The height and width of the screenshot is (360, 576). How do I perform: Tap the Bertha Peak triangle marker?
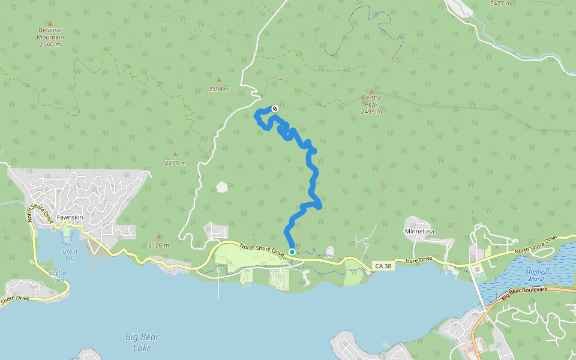[x=371, y=91]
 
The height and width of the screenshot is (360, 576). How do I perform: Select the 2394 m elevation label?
[x=220, y=89]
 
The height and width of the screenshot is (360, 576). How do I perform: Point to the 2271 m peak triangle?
[x=175, y=154]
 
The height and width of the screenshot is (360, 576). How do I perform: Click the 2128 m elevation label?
[x=159, y=245]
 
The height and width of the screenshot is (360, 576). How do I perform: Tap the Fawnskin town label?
[x=69, y=217]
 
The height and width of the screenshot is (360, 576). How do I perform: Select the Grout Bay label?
[x=70, y=256]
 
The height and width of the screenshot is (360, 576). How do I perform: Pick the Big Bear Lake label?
[x=142, y=342]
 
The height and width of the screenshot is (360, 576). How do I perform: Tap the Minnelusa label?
[x=419, y=231]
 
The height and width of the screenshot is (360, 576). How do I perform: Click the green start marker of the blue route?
[x=292, y=252]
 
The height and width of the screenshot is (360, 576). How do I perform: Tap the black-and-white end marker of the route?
[x=275, y=109]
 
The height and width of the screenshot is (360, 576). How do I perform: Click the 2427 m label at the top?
[x=500, y=4]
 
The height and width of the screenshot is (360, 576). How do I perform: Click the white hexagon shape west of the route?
[x=223, y=187]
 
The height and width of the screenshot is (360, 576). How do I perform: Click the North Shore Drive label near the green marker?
[x=262, y=250]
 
